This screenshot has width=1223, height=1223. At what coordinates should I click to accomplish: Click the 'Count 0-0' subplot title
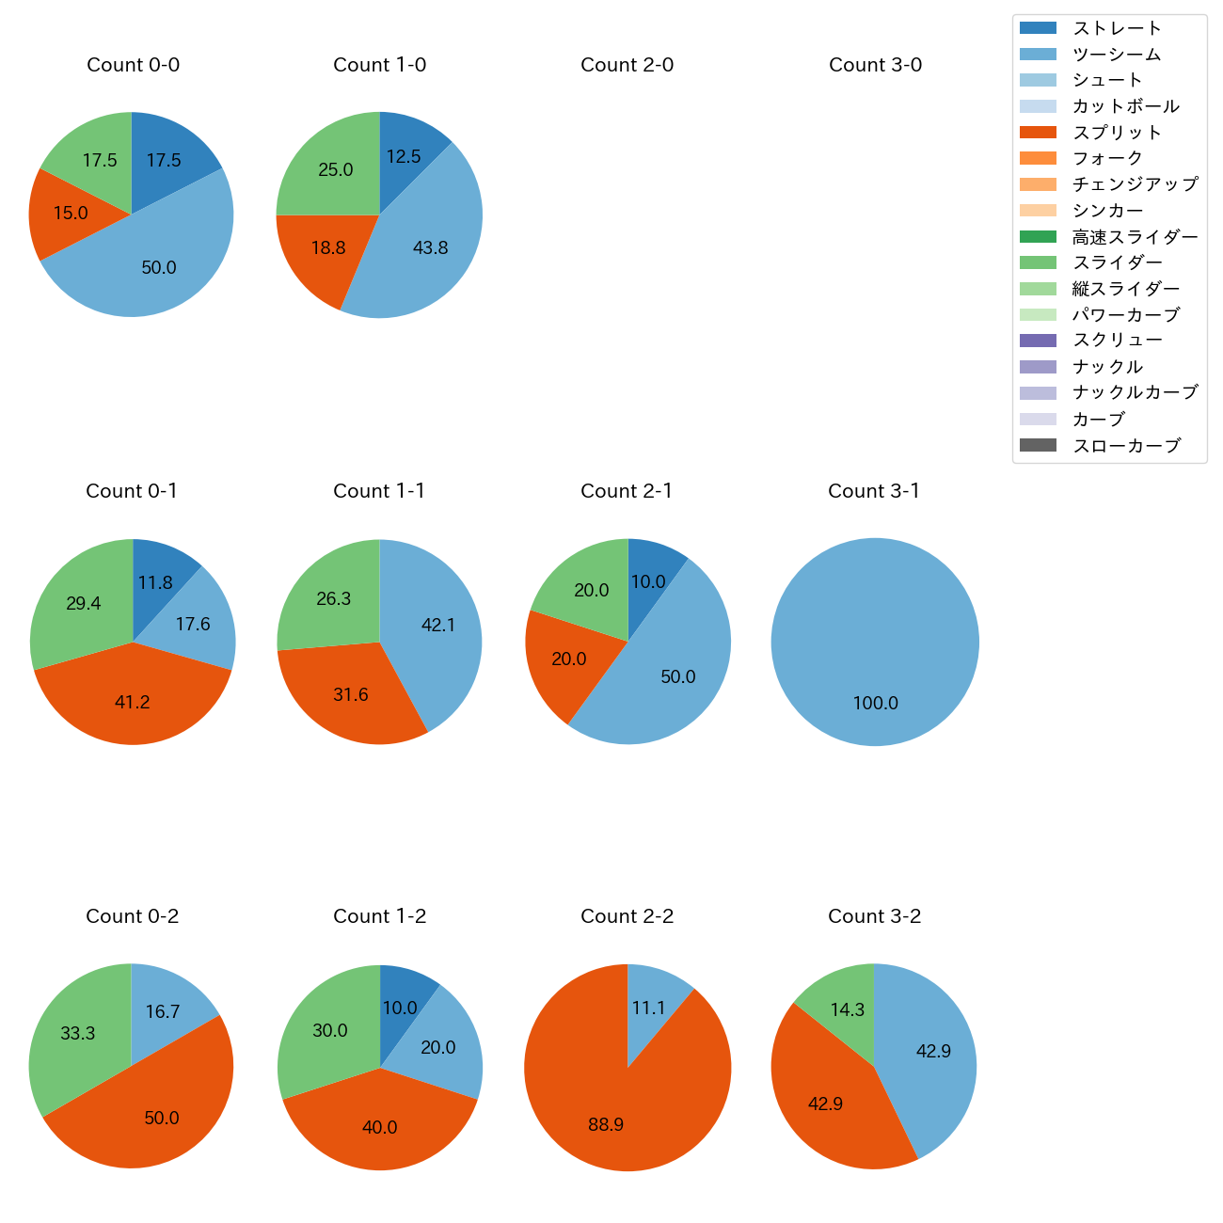[x=133, y=65]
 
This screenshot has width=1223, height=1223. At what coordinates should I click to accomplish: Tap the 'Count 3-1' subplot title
[x=874, y=491]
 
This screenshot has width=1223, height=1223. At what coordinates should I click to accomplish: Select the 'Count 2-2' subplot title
[x=627, y=916]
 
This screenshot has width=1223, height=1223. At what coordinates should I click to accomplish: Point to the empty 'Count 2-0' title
[x=627, y=65]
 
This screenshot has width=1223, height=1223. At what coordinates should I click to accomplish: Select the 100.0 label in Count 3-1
[x=875, y=703]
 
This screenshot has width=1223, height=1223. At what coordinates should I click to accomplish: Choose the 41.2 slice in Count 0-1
[x=133, y=701]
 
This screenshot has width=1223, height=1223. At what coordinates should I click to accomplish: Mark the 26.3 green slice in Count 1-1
[x=334, y=598]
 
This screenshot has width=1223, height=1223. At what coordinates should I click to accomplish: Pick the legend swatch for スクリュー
[x=1038, y=341]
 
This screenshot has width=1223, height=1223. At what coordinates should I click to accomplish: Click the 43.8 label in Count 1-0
[x=430, y=248]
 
